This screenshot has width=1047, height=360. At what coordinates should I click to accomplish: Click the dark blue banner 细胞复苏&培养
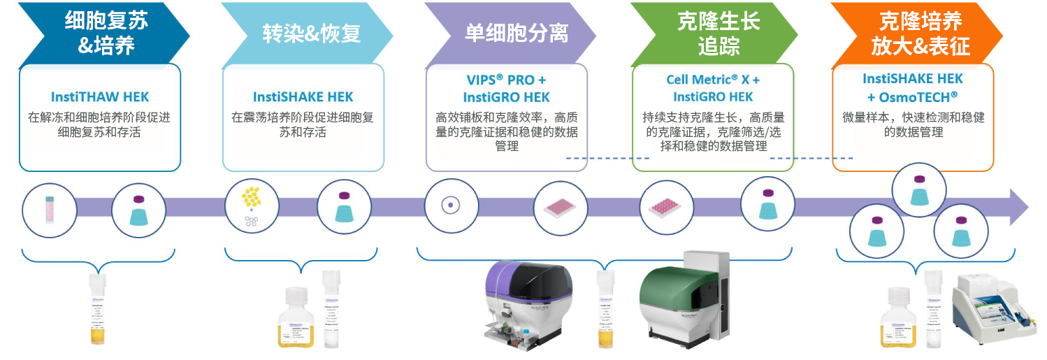coord(105,33)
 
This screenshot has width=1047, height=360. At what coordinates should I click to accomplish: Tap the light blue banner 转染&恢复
coord(311,33)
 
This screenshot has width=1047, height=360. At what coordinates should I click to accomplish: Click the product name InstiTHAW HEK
coord(100,97)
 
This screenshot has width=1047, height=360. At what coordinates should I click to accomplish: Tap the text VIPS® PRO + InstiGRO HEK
coord(506,88)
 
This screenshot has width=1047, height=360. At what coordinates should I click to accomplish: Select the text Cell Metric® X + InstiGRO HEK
coord(713,88)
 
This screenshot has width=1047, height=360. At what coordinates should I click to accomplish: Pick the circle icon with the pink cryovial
coord(49,208)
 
